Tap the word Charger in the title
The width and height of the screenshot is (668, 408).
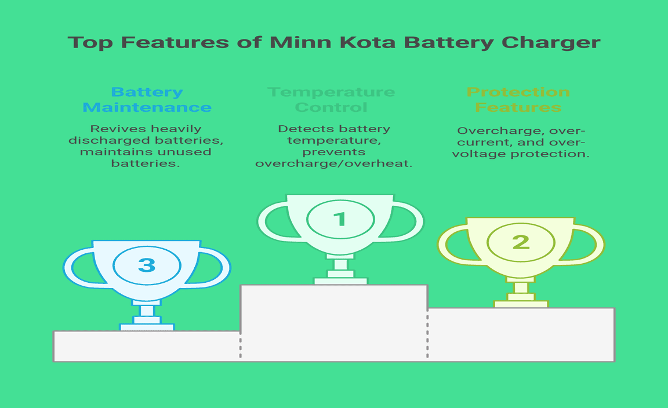pyautogui.click(x=551, y=43)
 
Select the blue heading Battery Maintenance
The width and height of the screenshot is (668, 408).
pyautogui.click(x=147, y=100)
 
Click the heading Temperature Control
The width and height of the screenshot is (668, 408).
pyautogui.click(x=332, y=100)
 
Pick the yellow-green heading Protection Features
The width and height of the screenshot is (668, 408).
pyautogui.click(x=518, y=100)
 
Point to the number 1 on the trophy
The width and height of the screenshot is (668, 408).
pyautogui.click(x=340, y=219)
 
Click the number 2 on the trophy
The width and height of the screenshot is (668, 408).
pyautogui.click(x=521, y=242)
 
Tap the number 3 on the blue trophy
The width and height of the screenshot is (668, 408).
pyautogui.click(x=147, y=265)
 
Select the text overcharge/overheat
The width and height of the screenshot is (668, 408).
pyautogui.click(x=333, y=163)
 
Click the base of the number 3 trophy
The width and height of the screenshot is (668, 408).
pyautogui.click(x=147, y=327)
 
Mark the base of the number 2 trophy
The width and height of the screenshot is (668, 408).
pyautogui.click(x=521, y=304)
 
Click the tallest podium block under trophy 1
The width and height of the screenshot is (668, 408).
pyautogui.click(x=334, y=323)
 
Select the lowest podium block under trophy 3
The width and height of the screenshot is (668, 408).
pyautogui.click(x=147, y=346)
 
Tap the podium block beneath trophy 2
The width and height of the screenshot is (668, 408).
pyautogui.click(x=521, y=335)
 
